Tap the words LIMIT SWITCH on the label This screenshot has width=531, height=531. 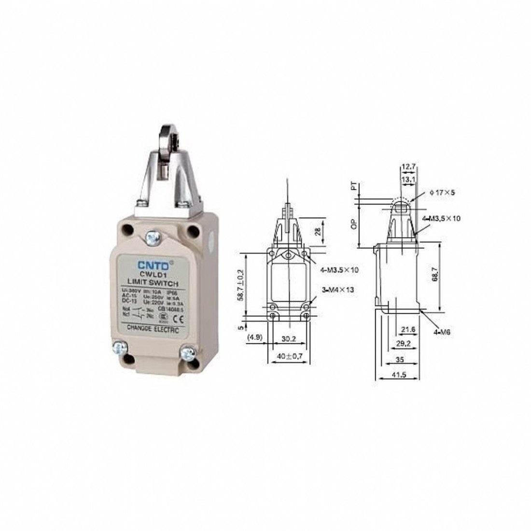coord(153,283)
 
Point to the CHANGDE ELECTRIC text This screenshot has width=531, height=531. coord(153,329)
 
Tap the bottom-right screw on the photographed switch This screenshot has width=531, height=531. coord(187,353)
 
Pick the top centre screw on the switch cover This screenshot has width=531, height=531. coord(154,237)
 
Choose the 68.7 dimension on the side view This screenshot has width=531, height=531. coord(434,277)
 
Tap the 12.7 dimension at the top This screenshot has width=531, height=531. coord(408,167)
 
